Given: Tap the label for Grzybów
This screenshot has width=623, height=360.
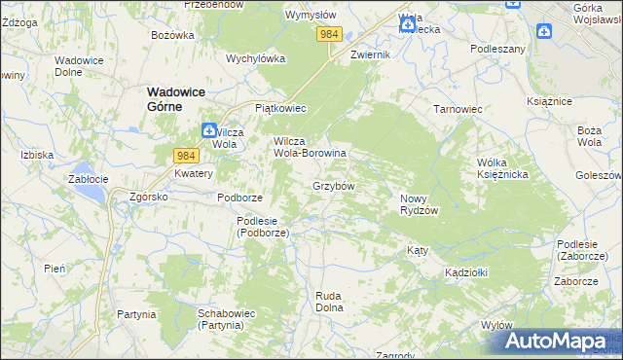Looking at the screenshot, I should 333,185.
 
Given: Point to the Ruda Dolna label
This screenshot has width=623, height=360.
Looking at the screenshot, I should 330,301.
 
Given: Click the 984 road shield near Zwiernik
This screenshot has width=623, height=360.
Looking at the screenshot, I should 330,34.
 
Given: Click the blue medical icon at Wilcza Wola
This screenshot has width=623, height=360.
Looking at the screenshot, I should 209,129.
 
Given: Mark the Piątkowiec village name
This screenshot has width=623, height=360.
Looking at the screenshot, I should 280,108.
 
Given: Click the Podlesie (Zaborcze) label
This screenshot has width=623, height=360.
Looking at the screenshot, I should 583,250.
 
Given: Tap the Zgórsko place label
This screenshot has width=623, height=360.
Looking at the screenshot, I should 149,196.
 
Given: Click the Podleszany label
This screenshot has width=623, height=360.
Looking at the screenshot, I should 497,49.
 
